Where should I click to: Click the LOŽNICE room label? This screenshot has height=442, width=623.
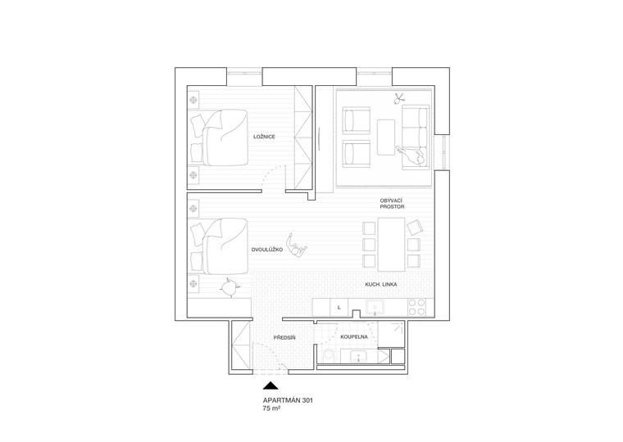tap(264, 147)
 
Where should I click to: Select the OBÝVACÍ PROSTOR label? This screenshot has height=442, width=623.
tap(392, 204)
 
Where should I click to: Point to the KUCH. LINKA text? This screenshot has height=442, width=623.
tap(381, 284)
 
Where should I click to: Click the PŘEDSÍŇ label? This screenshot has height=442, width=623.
tap(284, 338)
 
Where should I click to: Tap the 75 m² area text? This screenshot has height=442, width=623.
tap(274, 408)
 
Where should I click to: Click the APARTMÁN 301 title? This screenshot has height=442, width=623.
tap(288, 400)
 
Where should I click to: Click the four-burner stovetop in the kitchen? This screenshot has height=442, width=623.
tap(416, 307)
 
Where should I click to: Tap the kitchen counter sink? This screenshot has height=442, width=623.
tap(376, 307)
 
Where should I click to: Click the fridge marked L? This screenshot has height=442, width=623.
tap(339, 307)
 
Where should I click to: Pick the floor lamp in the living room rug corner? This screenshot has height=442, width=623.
tap(398, 99)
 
